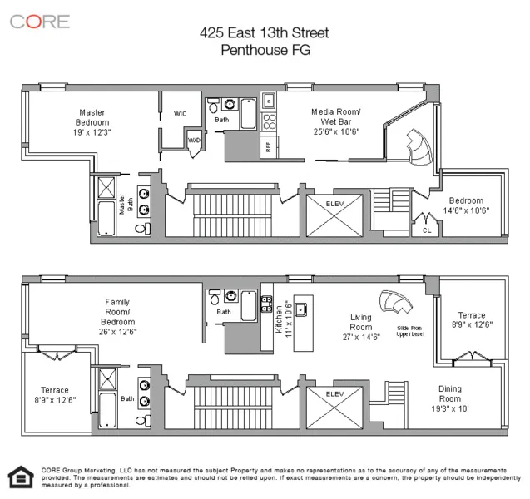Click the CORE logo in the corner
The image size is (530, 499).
tap(39, 21)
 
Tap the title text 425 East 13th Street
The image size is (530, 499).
tap(264, 33)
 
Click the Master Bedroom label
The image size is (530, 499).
tap(92, 122)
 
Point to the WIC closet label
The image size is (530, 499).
tap(180, 113)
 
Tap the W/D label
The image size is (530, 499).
tap(193, 141)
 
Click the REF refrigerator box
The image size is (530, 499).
tap(268, 146)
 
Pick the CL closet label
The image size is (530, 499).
tap(427, 230)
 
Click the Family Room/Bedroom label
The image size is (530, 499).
tap(116, 316)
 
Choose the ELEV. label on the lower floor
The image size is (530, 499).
tap(334, 393)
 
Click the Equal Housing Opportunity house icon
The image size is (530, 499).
tap(18, 476)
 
